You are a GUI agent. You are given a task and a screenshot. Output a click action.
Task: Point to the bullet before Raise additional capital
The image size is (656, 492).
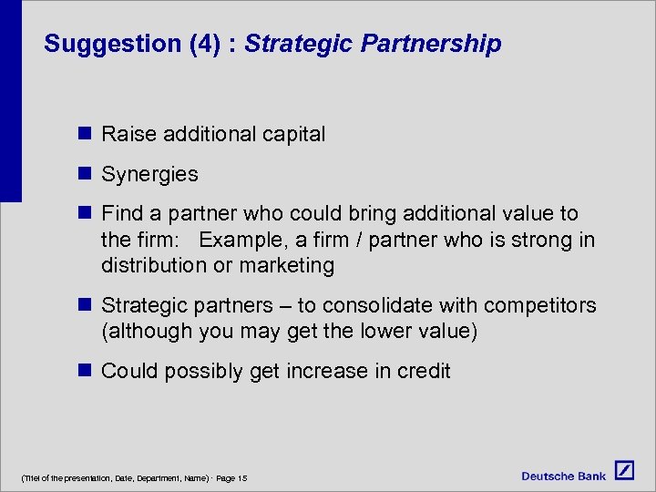coord(85,134)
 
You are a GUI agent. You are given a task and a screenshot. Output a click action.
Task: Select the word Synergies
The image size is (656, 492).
coord(149,174)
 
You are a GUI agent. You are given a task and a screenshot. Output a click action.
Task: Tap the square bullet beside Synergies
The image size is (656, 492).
coord(85,173)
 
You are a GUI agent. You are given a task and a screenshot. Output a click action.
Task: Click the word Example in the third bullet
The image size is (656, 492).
coord(240,240)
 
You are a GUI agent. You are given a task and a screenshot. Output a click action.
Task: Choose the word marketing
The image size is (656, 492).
coord(290,266)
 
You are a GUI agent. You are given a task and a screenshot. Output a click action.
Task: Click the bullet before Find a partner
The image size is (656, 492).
coord(85,213)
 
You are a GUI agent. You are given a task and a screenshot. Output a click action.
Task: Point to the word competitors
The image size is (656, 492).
coord(541,305)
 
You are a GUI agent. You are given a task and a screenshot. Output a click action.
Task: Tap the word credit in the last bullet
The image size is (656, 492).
coord(423,371)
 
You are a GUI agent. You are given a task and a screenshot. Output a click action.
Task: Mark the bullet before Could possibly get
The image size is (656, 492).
coord(85,370)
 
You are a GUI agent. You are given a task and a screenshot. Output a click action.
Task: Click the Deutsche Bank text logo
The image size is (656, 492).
coord(564,476)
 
